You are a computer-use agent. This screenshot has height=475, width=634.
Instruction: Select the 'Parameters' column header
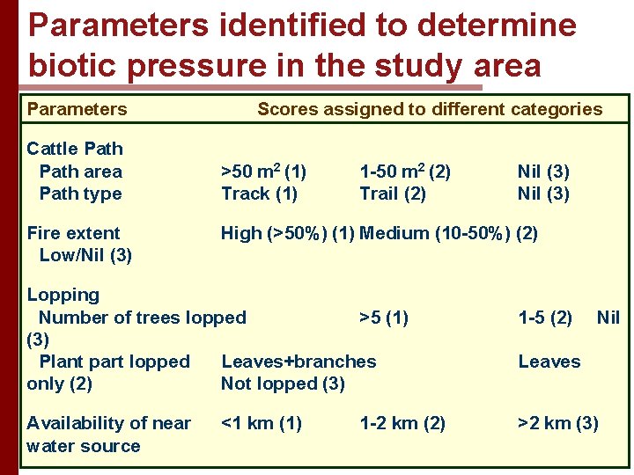(x=77, y=109)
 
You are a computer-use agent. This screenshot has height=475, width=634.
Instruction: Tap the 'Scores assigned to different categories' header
(x=430, y=109)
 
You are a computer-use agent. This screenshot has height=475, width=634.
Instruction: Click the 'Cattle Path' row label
(x=75, y=149)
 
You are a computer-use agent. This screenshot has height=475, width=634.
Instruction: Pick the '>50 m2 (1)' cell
(x=263, y=171)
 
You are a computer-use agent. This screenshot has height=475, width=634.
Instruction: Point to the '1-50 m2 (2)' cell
(x=405, y=171)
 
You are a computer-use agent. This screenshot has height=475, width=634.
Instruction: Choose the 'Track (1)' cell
(x=259, y=194)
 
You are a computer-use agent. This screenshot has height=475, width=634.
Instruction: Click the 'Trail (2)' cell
(x=393, y=194)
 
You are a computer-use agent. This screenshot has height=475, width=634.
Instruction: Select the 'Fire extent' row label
(x=73, y=233)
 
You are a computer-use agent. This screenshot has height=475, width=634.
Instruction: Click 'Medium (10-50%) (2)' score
(x=449, y=233)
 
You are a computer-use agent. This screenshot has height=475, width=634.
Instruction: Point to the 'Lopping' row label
(x=63, y=295)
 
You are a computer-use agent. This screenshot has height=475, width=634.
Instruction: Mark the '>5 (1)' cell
(x=384, y=318)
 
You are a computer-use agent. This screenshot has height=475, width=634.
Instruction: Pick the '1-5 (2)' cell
(x=545, y=318)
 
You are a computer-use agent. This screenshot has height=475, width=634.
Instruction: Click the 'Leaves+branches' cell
(x=299, y=362)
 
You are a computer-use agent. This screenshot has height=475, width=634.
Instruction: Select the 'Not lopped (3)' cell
(x=283, y=384)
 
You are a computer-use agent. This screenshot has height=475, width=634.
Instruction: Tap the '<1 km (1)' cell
(x=262, y=423)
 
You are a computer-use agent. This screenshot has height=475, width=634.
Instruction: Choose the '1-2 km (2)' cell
(x=402, y=423)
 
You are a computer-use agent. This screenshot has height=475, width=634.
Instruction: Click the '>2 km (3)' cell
(x=558, y=423)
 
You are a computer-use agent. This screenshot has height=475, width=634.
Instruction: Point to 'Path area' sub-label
(x=80, y=171)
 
